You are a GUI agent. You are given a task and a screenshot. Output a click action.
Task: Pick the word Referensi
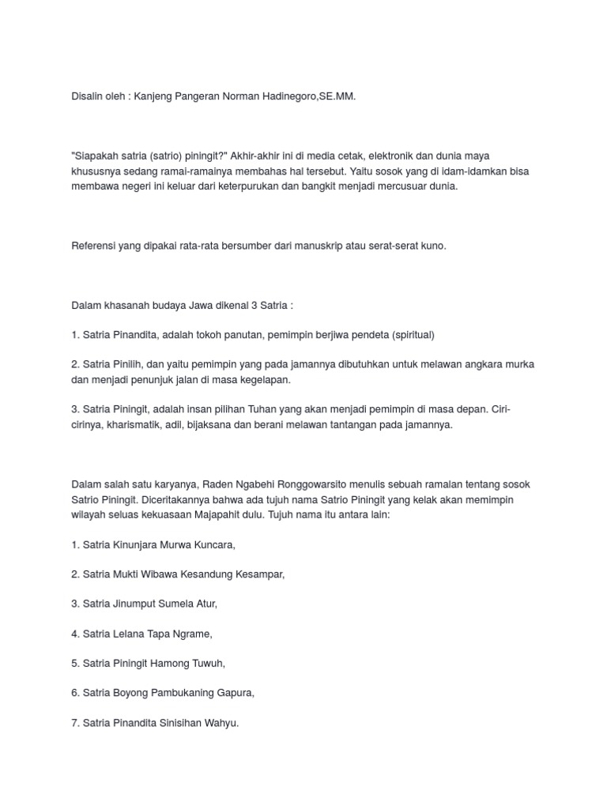[94, 246]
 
